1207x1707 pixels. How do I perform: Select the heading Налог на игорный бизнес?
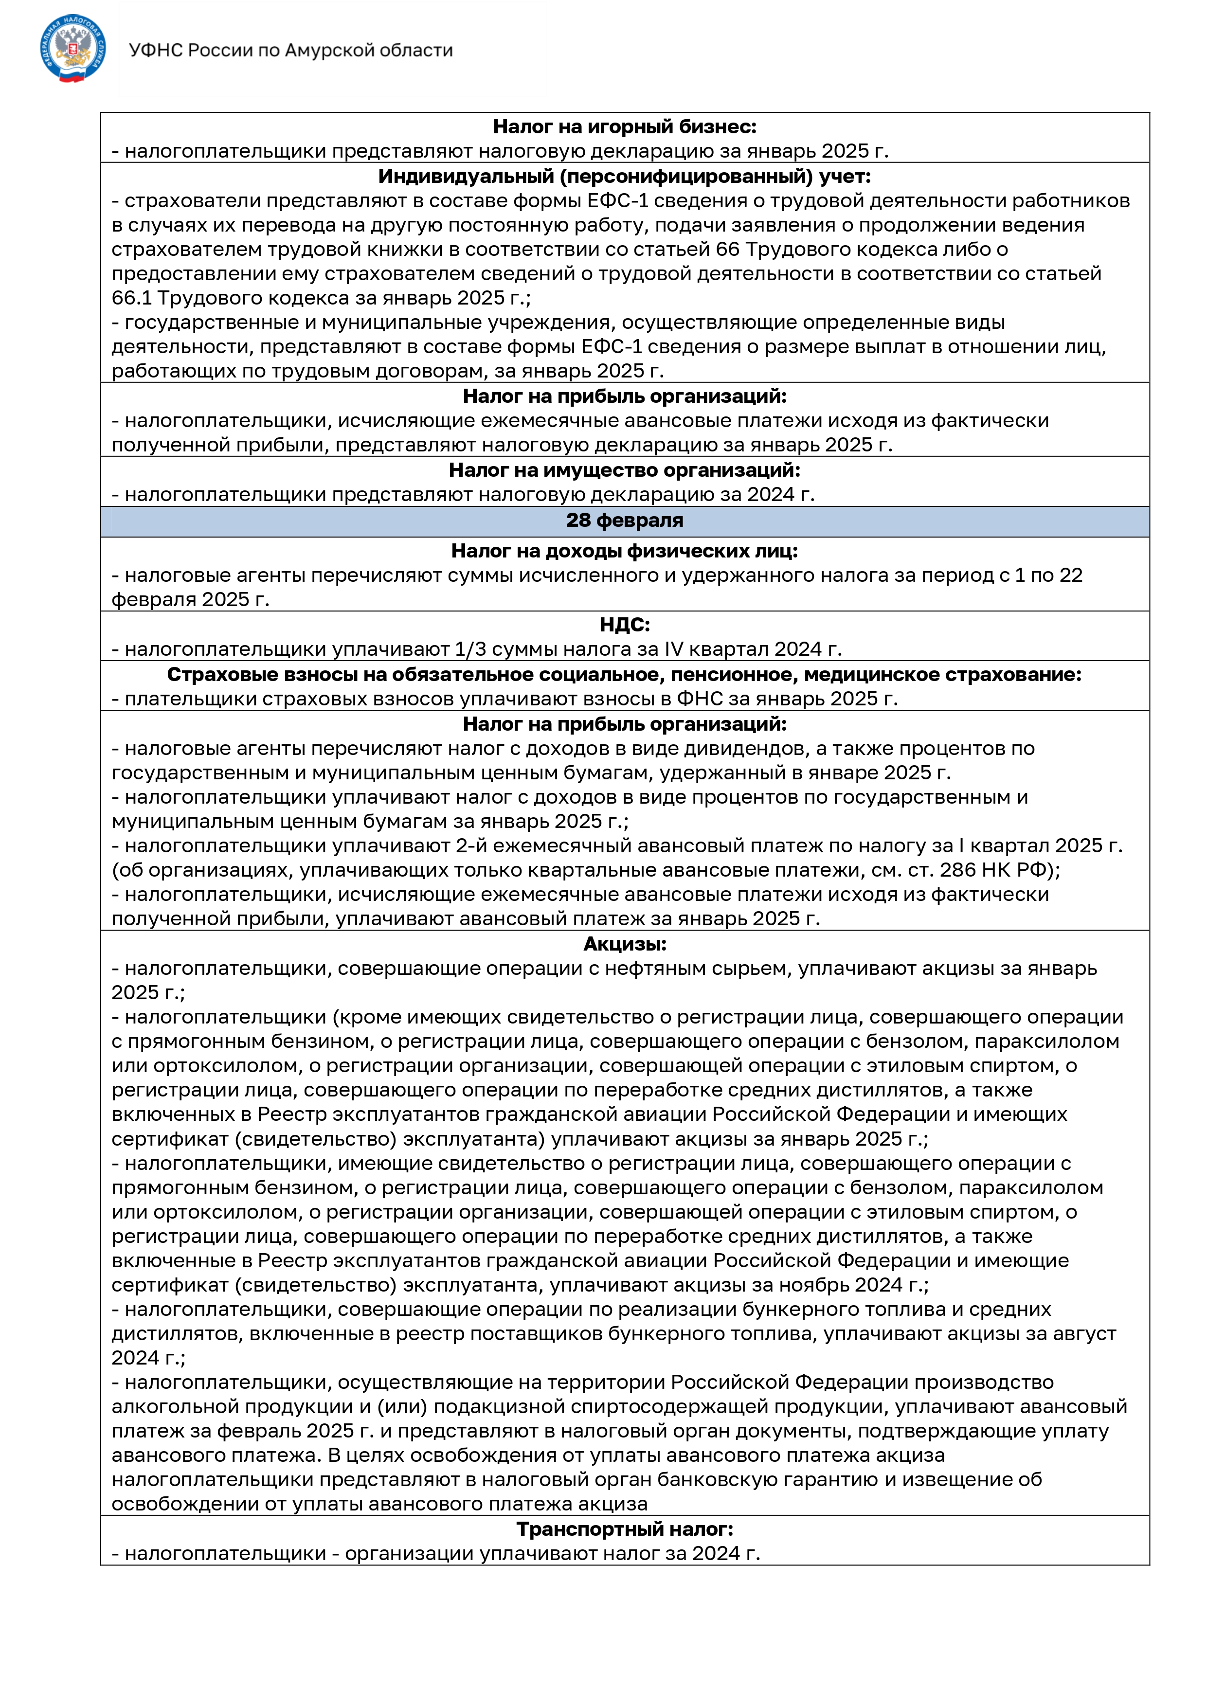coord(625,127)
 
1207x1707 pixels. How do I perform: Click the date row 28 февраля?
coord(625,521)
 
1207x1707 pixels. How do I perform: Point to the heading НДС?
coord(625,625)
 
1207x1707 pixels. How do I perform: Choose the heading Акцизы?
coord(625,944)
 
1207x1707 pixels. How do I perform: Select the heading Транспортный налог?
coord(625,1529)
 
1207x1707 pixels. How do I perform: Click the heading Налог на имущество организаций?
coord(625,470)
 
